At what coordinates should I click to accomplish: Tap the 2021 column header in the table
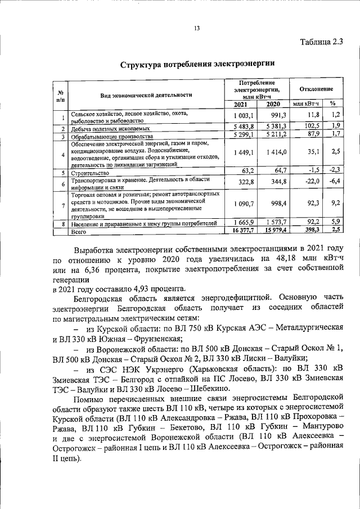pos(240,104)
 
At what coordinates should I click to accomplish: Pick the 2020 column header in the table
pos(273,104)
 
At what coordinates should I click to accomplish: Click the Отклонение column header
pos(316,89)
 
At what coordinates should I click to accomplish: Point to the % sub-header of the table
pos(332,104)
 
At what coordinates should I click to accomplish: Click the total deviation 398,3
pos(310,231)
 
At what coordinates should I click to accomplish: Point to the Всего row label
pos(79,231)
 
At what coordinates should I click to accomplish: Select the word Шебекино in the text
pos(203,389)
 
